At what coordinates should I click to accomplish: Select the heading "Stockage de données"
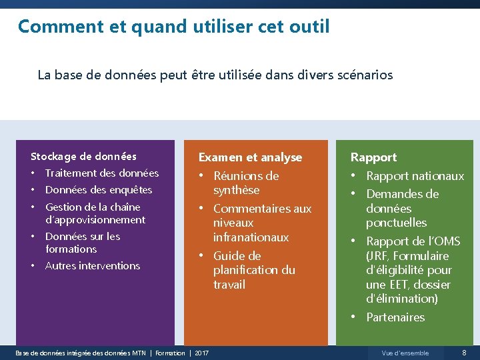click(x=83, y=157)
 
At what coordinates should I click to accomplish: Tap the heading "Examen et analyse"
click(x=250, y=157)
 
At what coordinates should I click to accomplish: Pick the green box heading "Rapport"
click(x=373, y=157)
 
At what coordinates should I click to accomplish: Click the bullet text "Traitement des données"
click(x=102, y=173)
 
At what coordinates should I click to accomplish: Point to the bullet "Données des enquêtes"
click(x=99, y=190)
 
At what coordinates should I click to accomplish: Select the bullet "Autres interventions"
click(x=93, y=266)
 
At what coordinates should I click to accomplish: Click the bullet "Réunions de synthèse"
click(x=245, y=183)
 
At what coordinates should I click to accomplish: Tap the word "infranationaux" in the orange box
click(x=251, y=237)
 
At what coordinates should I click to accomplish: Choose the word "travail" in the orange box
click(x=229, y=285)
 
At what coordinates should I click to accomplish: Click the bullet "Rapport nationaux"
click(x=415, y=176)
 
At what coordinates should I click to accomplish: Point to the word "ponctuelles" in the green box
click(x=396, y=223)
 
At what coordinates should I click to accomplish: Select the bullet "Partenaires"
click(x=395, y=317)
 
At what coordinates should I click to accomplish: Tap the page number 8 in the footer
click(x=464, y=353)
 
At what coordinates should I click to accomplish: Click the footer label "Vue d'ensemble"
click(x=405, y=353)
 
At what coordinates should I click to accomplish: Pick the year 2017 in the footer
click(x=202, y=353)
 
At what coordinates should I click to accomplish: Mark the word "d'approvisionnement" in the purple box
click(x=95, y=220)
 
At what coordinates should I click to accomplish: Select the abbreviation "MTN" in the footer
click(x=139, y=353)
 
